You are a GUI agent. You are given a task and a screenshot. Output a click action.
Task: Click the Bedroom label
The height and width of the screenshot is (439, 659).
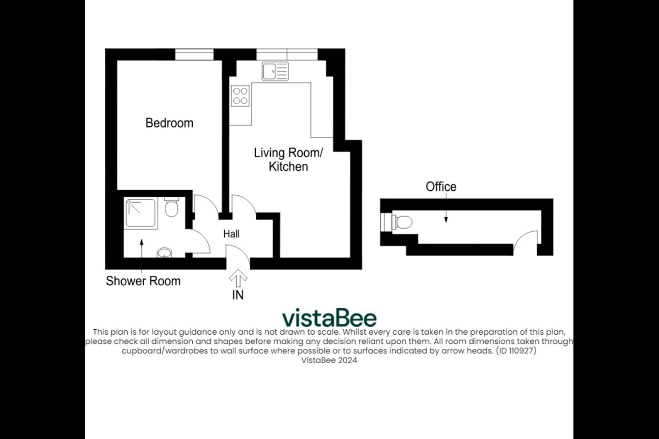169,123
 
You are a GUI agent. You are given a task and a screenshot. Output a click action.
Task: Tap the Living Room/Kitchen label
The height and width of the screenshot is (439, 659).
288,160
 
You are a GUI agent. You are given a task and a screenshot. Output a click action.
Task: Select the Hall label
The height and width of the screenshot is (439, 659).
231,234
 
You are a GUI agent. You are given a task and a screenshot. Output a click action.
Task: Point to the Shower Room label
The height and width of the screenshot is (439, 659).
143,281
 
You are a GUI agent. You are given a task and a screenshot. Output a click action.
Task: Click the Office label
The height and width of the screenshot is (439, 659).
441,187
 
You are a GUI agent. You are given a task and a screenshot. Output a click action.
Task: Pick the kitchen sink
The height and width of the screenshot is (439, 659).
275,71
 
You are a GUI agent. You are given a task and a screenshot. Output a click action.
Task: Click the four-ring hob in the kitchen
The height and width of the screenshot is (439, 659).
240,96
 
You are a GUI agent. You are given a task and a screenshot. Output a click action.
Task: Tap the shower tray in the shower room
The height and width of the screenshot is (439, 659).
140,213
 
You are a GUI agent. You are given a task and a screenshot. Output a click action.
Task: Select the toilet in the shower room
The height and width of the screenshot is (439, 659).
172,207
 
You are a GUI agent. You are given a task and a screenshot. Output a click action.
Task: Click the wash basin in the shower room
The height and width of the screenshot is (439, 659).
164,253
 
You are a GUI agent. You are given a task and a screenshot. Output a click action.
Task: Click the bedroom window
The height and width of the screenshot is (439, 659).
194,54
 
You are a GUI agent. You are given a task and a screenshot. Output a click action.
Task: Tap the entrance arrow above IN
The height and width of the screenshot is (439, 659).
238,278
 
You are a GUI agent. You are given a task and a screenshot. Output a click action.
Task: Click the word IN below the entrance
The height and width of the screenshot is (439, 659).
238,295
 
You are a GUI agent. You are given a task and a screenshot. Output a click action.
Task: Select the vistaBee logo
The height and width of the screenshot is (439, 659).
329,317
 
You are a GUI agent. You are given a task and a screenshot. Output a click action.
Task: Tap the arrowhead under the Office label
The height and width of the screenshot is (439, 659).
446,219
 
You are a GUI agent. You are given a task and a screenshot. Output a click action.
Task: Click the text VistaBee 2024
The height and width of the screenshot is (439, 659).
329,360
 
